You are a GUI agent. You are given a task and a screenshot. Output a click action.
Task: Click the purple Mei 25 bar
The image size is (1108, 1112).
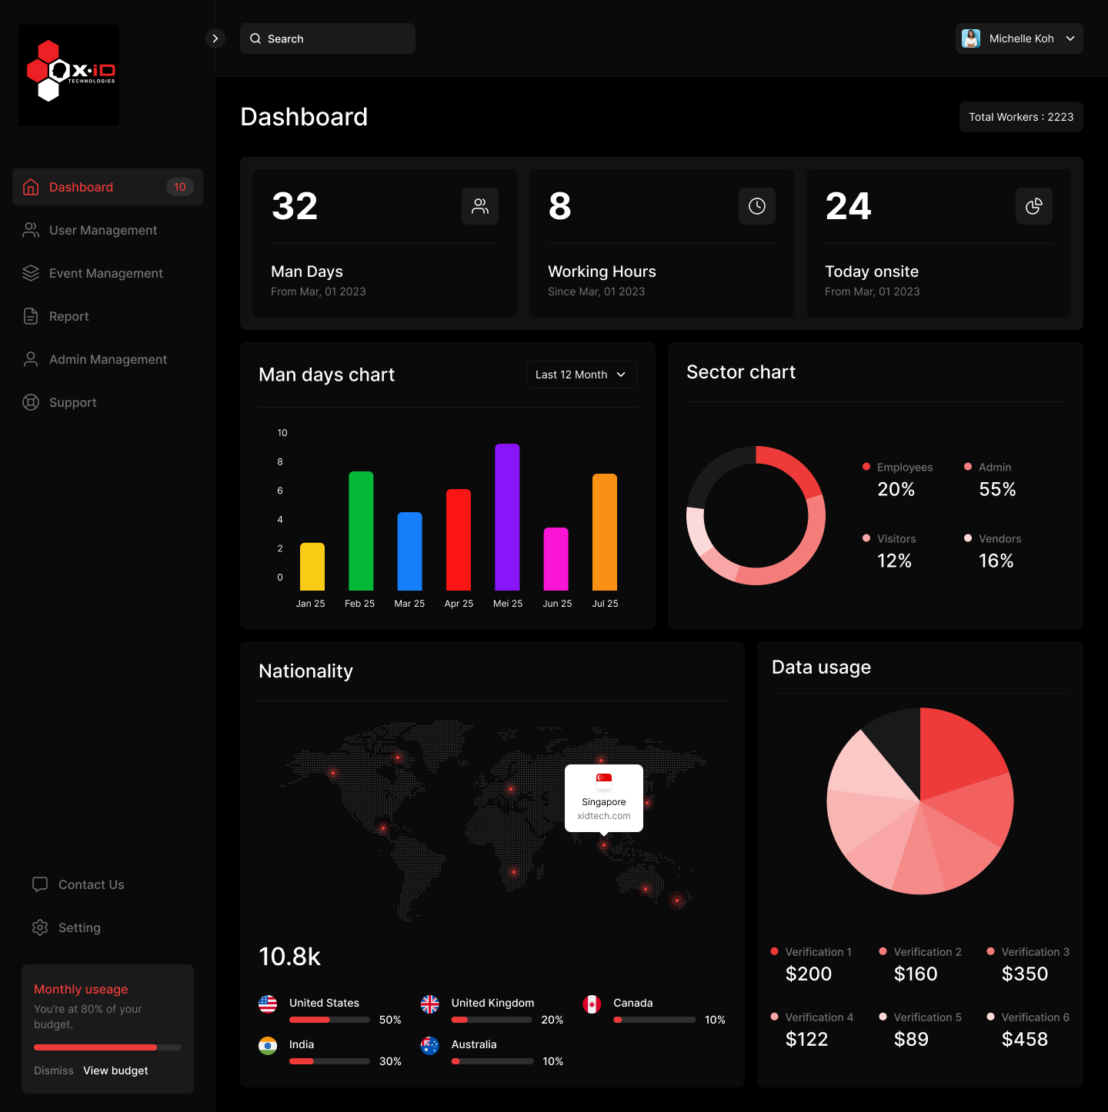tap(507, 517)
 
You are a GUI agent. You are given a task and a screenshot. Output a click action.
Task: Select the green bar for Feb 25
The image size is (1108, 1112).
tap(361, 531)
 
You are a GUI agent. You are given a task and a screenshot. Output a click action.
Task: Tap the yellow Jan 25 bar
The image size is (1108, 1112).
tap(312, 567)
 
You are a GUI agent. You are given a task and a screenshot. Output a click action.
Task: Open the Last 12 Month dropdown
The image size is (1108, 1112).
tap(581, 375)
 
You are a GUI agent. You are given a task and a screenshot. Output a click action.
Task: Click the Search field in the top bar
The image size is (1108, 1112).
tap(328, 38)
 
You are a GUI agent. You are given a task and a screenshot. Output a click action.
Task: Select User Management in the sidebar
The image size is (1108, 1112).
tap(103, 230)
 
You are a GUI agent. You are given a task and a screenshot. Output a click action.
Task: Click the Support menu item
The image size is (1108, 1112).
tap(72, 402)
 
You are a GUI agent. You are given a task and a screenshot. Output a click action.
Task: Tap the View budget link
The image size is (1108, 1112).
tap(115, 1070)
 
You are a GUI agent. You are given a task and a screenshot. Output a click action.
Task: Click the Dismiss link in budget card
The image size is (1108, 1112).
tap(54, 1070)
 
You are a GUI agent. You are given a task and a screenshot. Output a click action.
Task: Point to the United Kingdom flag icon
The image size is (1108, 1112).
tap(430, 1004)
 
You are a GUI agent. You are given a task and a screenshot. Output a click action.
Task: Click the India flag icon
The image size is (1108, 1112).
tap(268, 1045)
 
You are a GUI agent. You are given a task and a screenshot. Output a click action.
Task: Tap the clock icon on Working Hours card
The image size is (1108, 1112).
tap(757, 206)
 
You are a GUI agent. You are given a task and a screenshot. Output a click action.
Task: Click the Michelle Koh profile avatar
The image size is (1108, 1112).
tap(971, 38)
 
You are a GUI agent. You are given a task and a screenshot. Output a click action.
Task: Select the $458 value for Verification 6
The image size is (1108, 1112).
tap(1024, 1039)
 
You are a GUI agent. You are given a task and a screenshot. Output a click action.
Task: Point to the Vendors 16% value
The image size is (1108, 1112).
tap(996, 561)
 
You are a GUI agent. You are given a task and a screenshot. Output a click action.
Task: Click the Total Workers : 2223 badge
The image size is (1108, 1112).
tap(1020, 117)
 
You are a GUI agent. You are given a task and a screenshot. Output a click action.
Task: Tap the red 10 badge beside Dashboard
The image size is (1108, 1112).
tap(180, 187)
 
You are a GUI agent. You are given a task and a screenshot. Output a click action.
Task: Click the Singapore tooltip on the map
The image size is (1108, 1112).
tap(604, 797)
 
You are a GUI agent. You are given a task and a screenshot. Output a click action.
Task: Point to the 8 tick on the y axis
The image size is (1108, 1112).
tap(280, 461)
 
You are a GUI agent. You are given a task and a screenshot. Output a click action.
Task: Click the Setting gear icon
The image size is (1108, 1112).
tap(40, 927)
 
